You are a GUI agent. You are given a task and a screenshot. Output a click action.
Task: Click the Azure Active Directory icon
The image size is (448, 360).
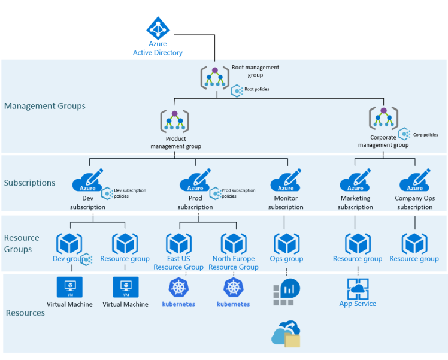tap(158, 28)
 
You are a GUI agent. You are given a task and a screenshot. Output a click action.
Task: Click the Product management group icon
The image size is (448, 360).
tap(174, 122)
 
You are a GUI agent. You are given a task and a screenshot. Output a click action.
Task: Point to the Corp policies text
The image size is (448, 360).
tap(425, 135)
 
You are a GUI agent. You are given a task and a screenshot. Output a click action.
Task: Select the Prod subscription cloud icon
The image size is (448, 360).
tap(195, 181)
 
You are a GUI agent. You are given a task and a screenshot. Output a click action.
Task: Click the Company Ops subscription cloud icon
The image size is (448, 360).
tap(414, 181)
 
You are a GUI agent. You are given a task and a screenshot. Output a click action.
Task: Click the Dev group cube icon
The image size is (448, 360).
tap(69, 244)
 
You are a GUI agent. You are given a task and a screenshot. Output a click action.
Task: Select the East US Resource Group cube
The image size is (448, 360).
tap(178, 244)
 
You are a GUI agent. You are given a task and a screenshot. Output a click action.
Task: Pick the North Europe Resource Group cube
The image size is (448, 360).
tap(234, 244)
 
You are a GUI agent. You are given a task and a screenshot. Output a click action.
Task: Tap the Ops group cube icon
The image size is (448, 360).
tap(286, 244)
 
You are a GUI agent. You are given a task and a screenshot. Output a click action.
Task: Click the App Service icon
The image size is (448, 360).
tap(358, 288)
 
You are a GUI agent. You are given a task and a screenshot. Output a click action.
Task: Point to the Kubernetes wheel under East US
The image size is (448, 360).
tap(178, 288)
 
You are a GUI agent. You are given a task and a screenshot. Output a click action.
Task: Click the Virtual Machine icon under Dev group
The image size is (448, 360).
tap(69, 287)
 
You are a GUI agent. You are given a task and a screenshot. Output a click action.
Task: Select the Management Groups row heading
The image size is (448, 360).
tap(45, 106)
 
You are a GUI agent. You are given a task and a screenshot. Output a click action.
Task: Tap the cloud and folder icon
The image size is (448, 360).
tap(286, 334)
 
